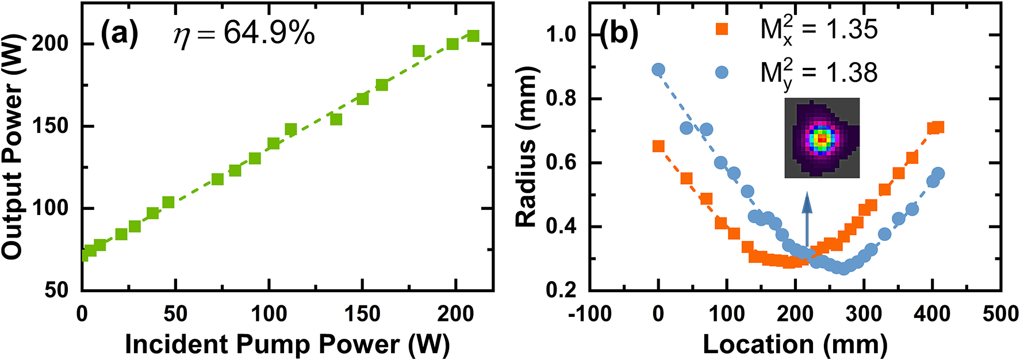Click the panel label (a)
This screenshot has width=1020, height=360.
pyautogui.click(x=120, y=35)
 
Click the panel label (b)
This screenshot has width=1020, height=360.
pyautogui.click(x=619, y=35)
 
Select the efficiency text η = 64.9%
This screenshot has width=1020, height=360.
pyautogui.click(x=244, y=35)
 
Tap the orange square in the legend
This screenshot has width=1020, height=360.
pyautogui.click(x=721, y=28)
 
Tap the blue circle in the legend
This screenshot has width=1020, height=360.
pyautogui.click(x=721, y=72)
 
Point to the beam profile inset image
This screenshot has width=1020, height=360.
pyautogui.click(x=822, y=138)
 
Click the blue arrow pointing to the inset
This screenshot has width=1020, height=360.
pyautogui.click(x=807, y=221)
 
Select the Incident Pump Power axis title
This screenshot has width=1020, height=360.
pyautogui.click(x=287, y=344)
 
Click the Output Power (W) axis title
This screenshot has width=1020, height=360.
pyautogui.click(x=13, y=147)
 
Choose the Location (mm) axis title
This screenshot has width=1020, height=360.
pyautogui.click(x=795, y=344)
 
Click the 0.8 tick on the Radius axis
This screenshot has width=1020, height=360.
pyautogui.click(x=561, y=99)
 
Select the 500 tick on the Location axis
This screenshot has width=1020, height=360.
pyautogui.click(x=1000, y=314)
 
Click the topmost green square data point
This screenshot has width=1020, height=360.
pyautogui.click(x=473, y=36)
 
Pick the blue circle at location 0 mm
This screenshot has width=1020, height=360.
pyautogui.click(x=658, y=70)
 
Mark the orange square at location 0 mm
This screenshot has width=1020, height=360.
pyautogui.click(x=658, y=146)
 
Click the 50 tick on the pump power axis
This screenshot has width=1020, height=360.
pyautogui.click(x=175, y=314)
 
